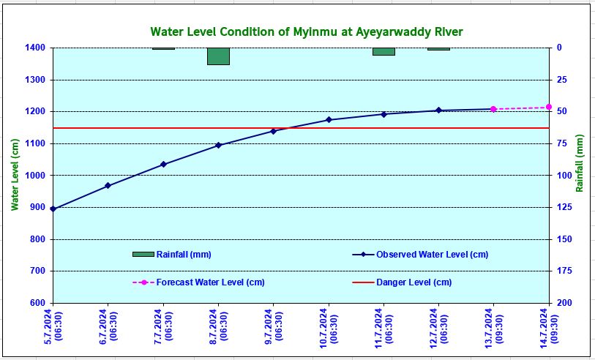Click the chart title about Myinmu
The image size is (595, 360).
pos(307,32)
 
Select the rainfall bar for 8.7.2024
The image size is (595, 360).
pos(218,56)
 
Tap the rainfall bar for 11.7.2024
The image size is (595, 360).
pos(383,51)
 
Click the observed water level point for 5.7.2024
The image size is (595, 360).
pos(53,209)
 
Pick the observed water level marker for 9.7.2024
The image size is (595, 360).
pos(274,131)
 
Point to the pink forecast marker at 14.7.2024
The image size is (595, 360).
pos(549,107)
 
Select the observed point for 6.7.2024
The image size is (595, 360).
pos(108,186)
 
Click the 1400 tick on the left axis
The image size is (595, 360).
pos(35,48)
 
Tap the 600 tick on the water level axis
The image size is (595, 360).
pos(37,303)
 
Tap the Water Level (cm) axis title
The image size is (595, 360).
pos(15,175)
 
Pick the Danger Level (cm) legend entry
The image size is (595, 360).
pos(413,282)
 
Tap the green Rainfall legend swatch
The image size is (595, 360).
pos(143,254)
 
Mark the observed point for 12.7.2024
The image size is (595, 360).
pos(438,110)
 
